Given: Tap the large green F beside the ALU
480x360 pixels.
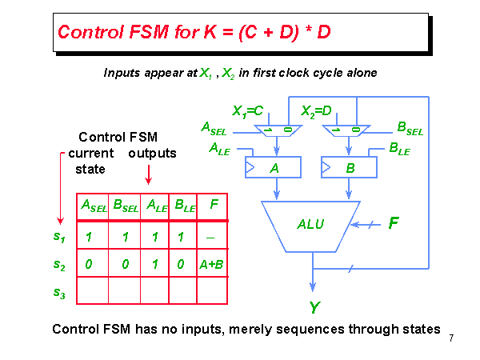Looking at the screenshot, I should (393, 223).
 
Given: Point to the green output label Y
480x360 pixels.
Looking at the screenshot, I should (314, 306).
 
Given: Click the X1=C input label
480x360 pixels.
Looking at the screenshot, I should (248, 110).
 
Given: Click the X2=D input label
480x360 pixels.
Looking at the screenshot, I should (317, 110).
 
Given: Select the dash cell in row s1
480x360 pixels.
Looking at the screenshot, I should (213, 237).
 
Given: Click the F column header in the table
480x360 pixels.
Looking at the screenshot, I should (213, 206).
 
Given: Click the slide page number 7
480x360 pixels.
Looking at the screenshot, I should (452, 338).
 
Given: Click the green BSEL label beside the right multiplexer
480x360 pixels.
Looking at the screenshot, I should (410, 128).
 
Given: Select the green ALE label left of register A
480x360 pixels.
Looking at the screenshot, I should (219, 148).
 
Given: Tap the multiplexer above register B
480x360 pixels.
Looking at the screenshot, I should (346, 130).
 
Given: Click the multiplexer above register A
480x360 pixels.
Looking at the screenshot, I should (274, 130).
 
